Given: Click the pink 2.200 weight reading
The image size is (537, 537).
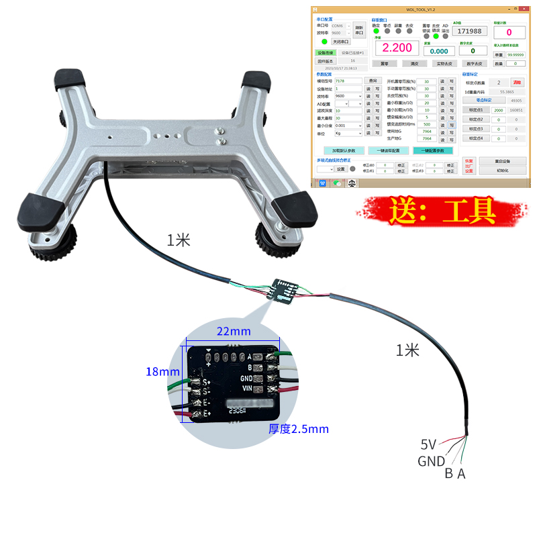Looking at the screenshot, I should pyautogui.click(x=397, y=48).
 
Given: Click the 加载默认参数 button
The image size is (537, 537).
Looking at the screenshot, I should pyautogui.click(x=344, y=150).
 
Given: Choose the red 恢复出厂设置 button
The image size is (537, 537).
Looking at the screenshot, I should pyautogui.click(x=469, y=166).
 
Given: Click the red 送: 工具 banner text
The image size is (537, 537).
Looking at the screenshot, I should pyautogui.click(x=442, y=210).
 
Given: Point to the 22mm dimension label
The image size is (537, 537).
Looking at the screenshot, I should pyautogui.click(x=234, y=331).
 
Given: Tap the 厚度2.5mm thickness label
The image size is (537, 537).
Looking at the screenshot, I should pyautogui.click(x=298, y=428).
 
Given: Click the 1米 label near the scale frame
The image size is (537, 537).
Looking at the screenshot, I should pyautogui.click(x=179, y=240).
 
